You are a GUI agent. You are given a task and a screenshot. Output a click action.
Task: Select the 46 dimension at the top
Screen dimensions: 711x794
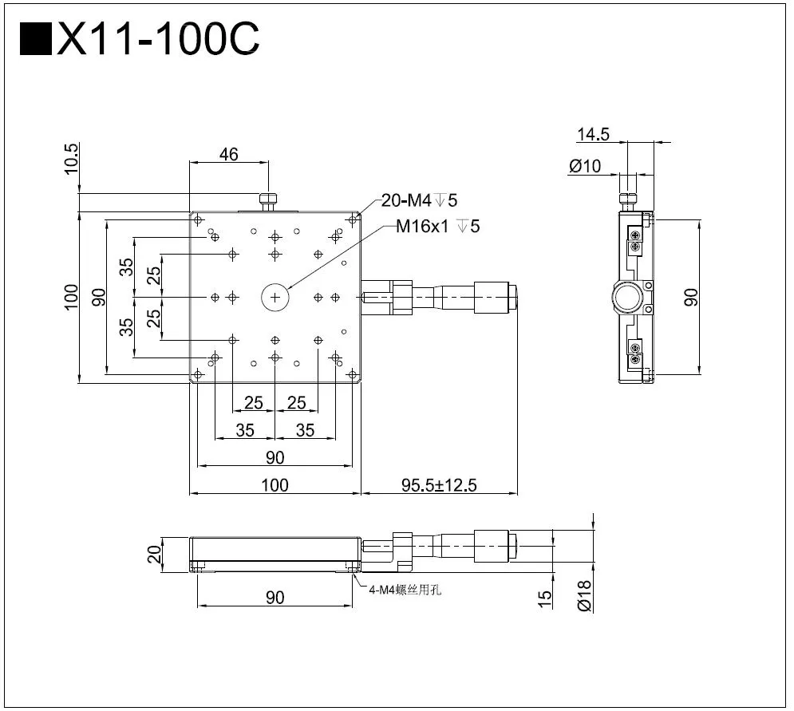click(228, 155)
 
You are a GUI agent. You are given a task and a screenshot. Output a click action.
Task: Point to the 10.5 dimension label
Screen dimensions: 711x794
click(71, 159)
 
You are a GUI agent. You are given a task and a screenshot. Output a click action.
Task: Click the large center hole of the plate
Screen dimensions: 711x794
click(275, 298)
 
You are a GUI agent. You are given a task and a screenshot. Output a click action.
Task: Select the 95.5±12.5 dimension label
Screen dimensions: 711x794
click(439, 484)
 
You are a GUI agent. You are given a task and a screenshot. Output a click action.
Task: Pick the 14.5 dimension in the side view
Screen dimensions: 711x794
click(593, 135)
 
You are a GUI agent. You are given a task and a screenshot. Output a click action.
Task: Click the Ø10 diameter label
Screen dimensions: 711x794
click(586, 166)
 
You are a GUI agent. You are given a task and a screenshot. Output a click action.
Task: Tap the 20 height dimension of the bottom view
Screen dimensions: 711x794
click(154, 553)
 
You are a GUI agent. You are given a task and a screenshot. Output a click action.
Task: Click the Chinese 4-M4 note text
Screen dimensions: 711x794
click(405, 590)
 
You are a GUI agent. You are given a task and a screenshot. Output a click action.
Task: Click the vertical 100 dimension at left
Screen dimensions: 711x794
click(71, 298)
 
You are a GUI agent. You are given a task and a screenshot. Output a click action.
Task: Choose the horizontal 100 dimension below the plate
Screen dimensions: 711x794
click(275, 484)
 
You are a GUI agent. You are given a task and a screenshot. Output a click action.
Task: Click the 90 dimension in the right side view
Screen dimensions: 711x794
click(691, 297)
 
